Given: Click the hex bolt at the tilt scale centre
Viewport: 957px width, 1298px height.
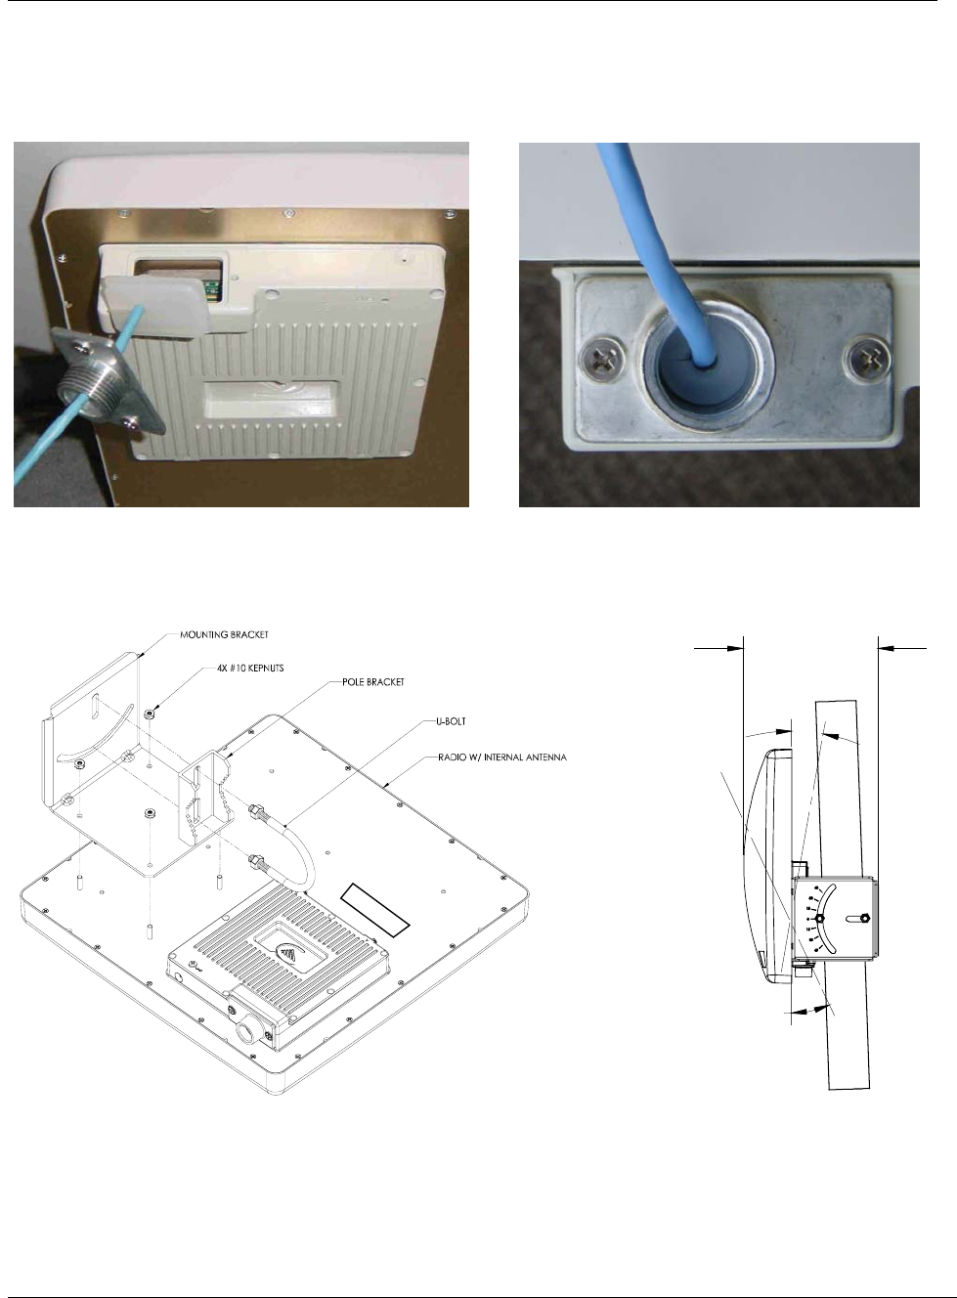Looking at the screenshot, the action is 822,917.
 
